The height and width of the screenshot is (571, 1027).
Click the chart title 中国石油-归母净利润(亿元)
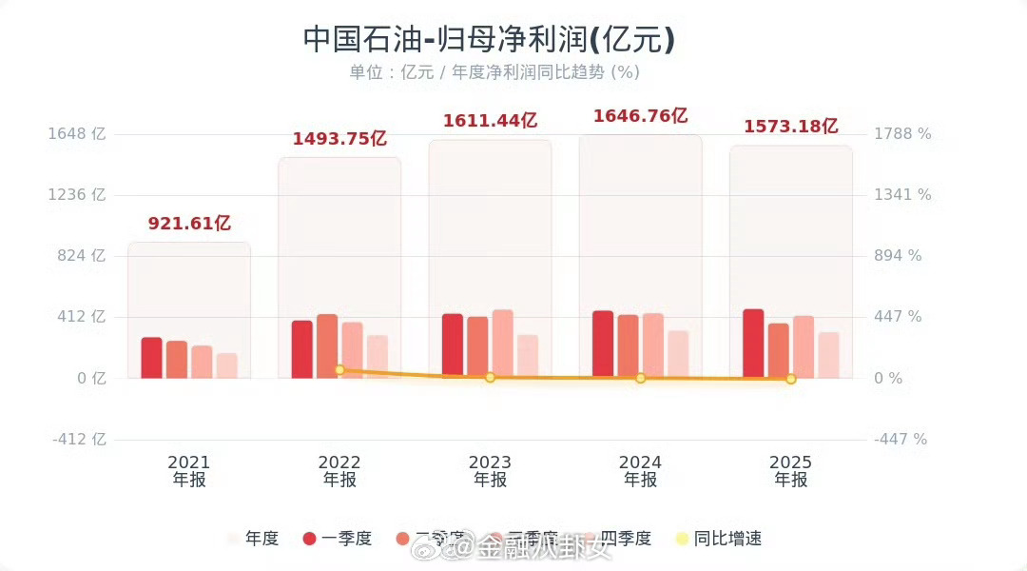pyautogui.click(x=489, y=39)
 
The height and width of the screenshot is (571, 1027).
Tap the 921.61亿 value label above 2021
pyautogui.click(x=189, y=224)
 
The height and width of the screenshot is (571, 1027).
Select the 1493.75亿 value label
pyautogui.click(x=339, y=138)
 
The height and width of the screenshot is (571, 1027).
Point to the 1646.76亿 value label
pyautogui.click(x=640, y=116)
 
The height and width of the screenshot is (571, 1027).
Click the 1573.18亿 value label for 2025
pyautogui.click(x=790, y=126)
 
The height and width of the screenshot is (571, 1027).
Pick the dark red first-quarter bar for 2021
pyautogui.click(x=151, y=358)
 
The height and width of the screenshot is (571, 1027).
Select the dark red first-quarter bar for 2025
pyautogui.click(x=753, y=344)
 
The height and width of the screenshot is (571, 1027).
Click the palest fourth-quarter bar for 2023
pyautogui.click(x=528, y=356)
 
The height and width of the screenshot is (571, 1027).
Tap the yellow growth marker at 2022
pyautogui.click(x=339, y=369)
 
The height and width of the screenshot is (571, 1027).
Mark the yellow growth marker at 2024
pyautogui.click(x=640, y=378)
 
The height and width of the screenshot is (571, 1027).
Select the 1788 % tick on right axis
pyautogui.click(x=902, y=134)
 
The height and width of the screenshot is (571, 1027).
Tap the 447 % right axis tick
pyautogui.click(x=898, y=317)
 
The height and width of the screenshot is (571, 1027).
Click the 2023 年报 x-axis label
pyautogui.click(x=490, y=471)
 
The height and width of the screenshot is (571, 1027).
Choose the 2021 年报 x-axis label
pyautogui.click(x=189, y=471)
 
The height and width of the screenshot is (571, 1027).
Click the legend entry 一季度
pyautogui.click(x=338, y=539)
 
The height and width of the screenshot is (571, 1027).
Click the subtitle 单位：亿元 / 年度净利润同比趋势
pyautogui.click(x=494, y=72)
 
